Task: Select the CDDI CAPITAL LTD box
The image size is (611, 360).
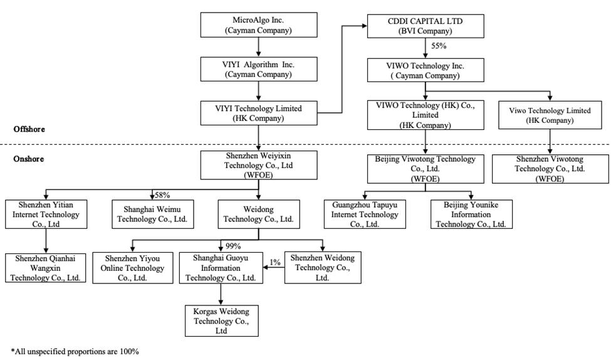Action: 425,26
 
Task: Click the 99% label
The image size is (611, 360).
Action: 233,245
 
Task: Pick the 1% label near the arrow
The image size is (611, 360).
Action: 274,263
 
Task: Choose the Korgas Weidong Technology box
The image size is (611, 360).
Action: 221,320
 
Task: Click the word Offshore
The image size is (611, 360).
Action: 29,129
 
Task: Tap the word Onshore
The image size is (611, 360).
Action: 29,159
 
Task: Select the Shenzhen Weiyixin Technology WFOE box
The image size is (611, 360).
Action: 258,165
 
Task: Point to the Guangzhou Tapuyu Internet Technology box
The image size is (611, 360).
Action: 365,214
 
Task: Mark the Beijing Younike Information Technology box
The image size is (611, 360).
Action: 471,214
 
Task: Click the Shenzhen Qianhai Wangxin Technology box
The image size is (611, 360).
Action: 46,268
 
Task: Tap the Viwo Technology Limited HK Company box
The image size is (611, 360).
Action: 550,115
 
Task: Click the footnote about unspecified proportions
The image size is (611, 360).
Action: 75,351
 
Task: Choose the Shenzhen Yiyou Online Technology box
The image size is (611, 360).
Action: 133,268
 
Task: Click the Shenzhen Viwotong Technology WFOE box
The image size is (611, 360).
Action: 550,169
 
